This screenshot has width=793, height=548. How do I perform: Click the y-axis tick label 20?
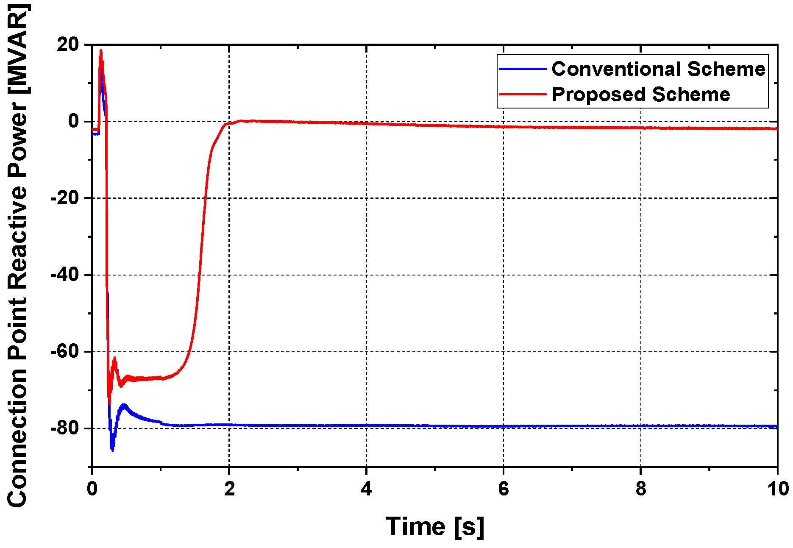coord(68,45)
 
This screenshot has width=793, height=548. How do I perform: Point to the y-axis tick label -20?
coord(64,198)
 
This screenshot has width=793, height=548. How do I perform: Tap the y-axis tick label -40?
coord(64,275)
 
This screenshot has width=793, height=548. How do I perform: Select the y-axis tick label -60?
coord(64,352)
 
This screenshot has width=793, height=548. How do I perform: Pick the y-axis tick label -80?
coord(64,428)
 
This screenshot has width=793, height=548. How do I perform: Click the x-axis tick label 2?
coord(229,489)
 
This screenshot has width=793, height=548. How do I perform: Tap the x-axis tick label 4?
coord(366,489)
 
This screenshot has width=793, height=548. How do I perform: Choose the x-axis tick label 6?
coord(504,489)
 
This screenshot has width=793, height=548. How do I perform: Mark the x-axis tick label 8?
coord(641,489)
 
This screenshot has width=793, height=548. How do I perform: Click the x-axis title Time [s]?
coord(435,526)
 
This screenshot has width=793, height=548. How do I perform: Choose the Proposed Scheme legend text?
coord(641,94)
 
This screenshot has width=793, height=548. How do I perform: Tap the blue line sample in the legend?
coord(523,69)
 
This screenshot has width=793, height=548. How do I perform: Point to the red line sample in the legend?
coord(523,94)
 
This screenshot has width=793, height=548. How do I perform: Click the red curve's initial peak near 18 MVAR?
coord(101,51)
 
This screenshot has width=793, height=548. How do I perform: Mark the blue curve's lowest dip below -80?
coord(112,450)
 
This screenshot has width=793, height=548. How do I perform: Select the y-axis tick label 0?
coord(74,122)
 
